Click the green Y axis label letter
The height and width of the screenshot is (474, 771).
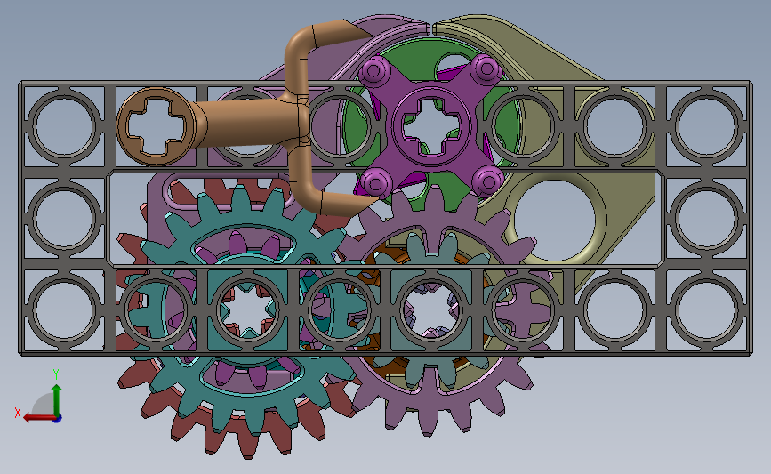[56, 374]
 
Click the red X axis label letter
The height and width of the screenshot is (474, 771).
[18, 413]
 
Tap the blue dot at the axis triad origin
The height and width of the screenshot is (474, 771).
[57, 419]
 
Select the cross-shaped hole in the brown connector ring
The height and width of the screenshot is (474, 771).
[156, 126]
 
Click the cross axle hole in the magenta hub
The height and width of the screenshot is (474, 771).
[431, 126]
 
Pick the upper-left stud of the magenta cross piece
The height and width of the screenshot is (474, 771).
[373, 70]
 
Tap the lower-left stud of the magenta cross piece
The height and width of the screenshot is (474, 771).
[376, 183]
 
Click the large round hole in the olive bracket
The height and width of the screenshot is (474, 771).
[554, 220]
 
